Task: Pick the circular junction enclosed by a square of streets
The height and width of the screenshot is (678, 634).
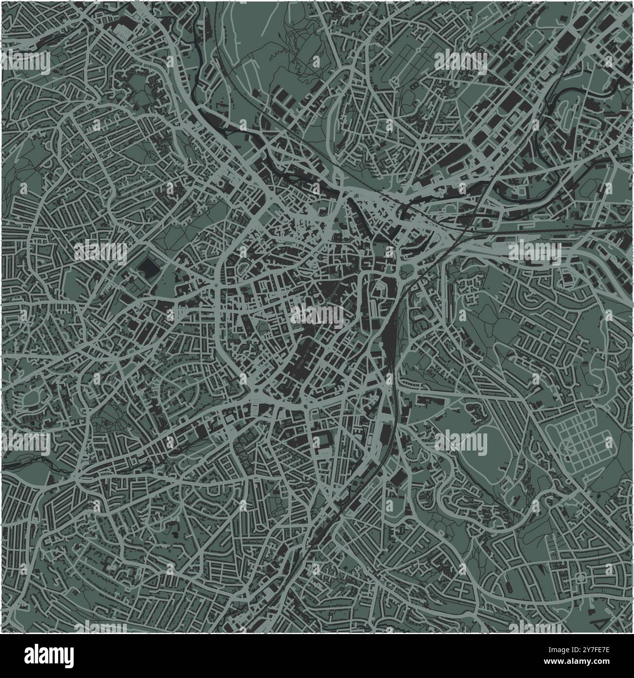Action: pyautogui.click(x=581, y=578)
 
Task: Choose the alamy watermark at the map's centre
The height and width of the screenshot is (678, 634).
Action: pyautogui.click(x=317, y=315)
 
